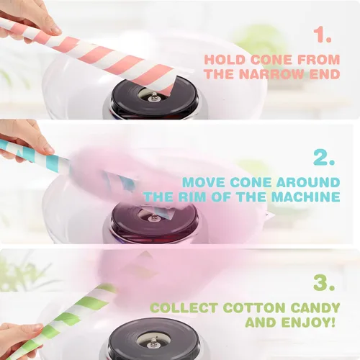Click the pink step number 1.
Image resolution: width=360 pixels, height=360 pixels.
click(x=323, y=35)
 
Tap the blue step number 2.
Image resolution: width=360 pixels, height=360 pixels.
click(x=324, y=158)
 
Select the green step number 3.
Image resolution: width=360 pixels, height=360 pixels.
click(x=324, y=282)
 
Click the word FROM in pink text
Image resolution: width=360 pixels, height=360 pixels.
click(x=319, y=60)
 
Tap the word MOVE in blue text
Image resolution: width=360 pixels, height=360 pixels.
click(x=204, y=182)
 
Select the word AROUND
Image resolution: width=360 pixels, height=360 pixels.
click(x=308, y=182)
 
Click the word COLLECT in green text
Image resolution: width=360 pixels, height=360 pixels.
click(x=185, y=308)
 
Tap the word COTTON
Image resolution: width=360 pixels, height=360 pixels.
click(x=254, y=308)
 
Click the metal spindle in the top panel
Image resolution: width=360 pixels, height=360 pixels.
click(x=153, y=97)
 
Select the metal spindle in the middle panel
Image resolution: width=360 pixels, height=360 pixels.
click(x=152, y=218)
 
